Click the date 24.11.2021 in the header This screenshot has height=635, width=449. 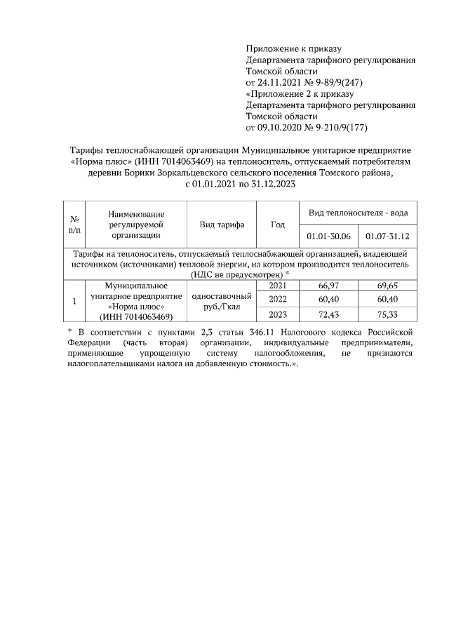point(281,83)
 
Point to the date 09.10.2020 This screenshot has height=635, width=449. point(281,128)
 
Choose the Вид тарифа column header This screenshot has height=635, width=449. point(222,225)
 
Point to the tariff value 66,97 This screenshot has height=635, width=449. point(328,286)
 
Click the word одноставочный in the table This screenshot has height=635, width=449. point(222,295)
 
